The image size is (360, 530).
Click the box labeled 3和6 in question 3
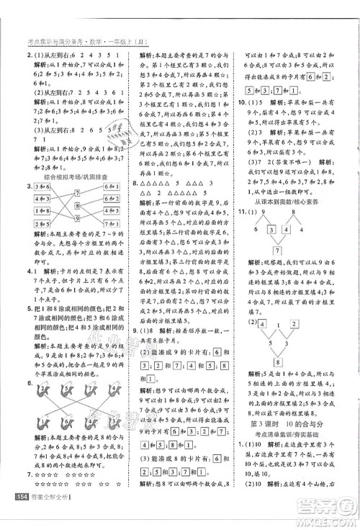coord(41,188)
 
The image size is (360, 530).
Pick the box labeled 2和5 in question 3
coord(41,223)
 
